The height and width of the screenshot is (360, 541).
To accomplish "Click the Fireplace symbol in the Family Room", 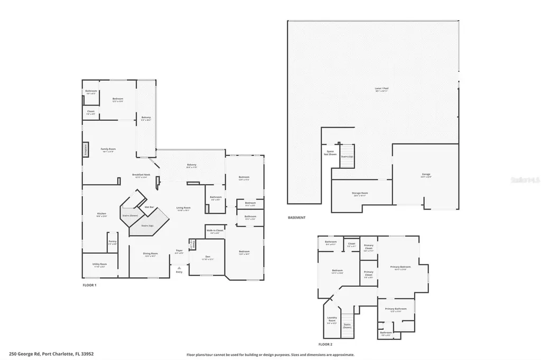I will [x=85, y=150].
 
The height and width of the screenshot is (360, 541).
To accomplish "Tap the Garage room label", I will [x=426, y=175].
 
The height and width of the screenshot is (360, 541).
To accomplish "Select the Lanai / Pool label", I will [x=381, y=90].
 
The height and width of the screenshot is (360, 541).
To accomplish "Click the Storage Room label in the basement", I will [x=360, y=194].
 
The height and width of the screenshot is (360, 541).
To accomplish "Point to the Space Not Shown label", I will [x=330, y=153].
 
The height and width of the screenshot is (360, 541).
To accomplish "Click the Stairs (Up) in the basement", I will [x=346, y=157].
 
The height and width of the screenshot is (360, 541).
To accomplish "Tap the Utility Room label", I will [x=100, y=265].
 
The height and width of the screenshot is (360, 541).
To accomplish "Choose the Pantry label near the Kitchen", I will [x=113, y=243].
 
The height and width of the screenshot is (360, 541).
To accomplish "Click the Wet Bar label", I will [x=150, y=207].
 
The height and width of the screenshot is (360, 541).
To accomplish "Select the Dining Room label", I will [x=151, y=254].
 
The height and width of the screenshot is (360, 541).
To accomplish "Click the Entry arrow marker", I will [x=179, y=269].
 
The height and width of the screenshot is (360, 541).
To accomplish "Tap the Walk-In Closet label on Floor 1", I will [x=214, y=232].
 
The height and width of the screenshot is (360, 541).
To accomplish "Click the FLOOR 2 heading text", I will [x=326, y=344].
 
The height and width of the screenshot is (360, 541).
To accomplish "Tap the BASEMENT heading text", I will [x=296, y=217].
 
